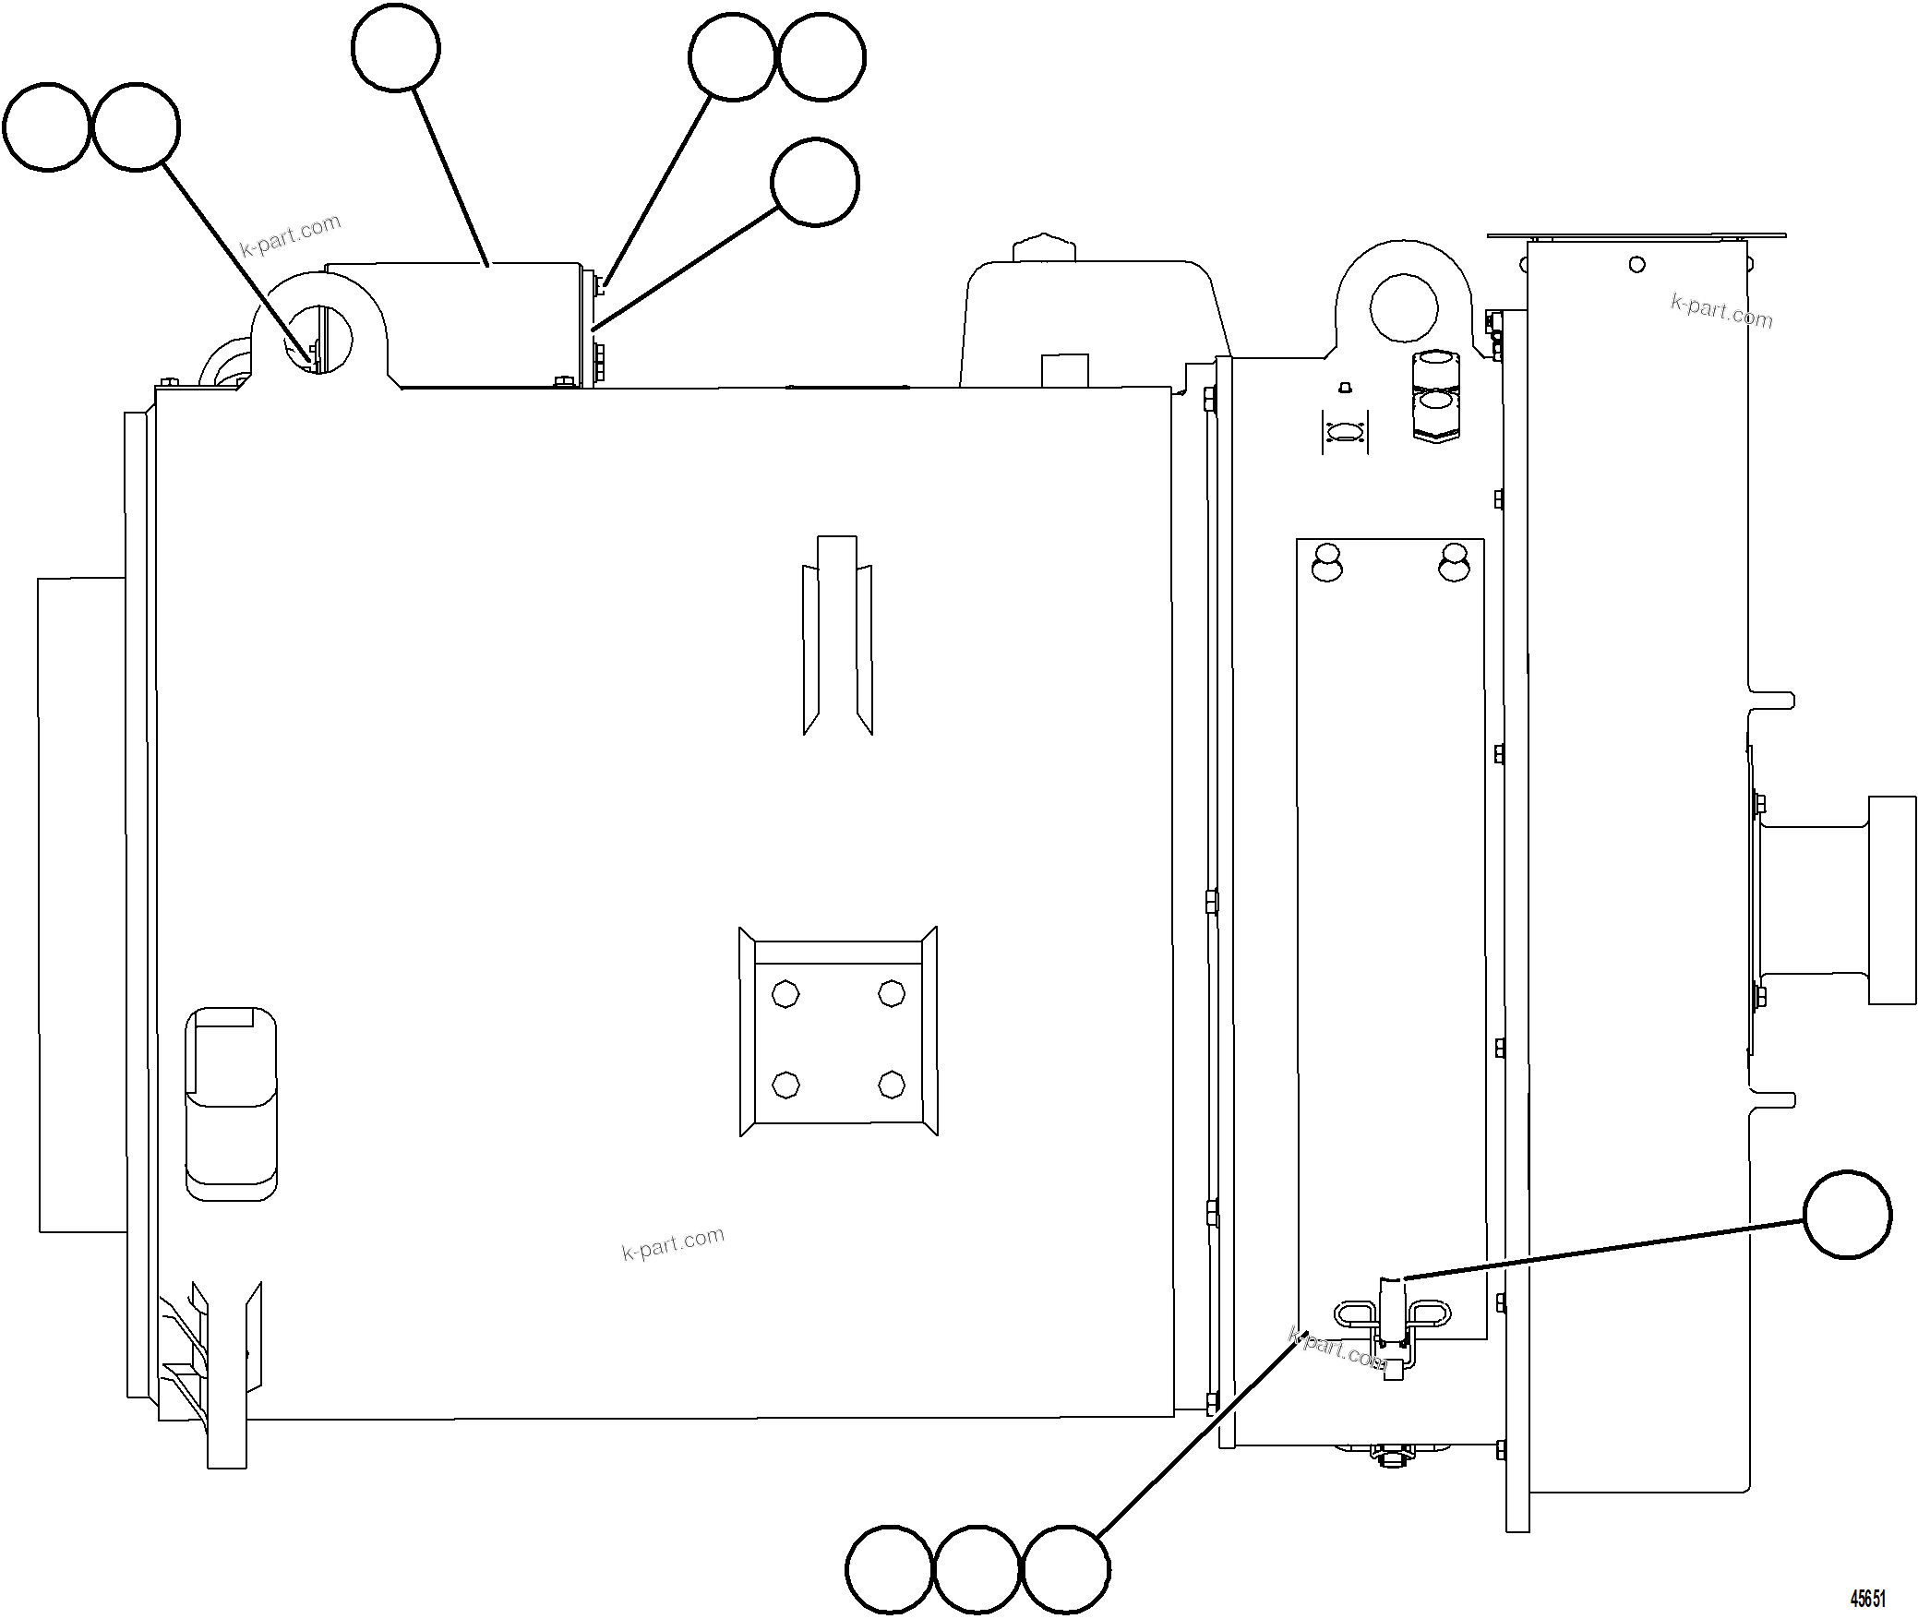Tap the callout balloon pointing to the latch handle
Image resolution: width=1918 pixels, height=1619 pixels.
(x=1847, y=1215)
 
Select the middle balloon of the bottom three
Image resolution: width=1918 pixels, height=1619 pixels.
(x=977, y=1569)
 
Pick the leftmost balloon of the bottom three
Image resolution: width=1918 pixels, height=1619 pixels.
(x=889, y=1569)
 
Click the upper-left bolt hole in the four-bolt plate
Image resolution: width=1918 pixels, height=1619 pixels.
(x=785, y=994)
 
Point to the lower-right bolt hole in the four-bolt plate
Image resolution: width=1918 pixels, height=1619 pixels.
(x=892, y=1084)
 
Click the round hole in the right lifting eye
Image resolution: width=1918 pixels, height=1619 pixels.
(x=1403, y=307)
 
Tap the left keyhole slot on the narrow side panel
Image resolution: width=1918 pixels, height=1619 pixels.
(x=1327, y=563)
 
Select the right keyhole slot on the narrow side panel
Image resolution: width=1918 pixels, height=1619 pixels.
(x=1454, y=563)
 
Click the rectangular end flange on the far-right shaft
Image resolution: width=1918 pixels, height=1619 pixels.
(x=1892, y=900)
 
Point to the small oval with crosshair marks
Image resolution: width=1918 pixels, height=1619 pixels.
(x=1345, y=433)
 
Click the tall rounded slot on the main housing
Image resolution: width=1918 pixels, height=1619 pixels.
(x=231, y=1104)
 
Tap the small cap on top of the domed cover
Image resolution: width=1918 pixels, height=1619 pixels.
(x=1045, y=247)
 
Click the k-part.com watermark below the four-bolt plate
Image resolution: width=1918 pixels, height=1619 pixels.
(x=673, y=1244)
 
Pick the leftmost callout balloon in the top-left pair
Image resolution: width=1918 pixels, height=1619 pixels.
(x=47, y=127)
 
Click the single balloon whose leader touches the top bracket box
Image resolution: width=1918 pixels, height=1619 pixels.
(x=396, y=48)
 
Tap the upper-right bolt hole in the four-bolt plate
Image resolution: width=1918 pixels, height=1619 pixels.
(x=892, y=994)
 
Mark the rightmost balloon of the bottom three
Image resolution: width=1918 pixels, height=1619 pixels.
(x=1065, y=1569)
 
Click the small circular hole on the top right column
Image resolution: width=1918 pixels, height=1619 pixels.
(x=1636, y=265)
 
